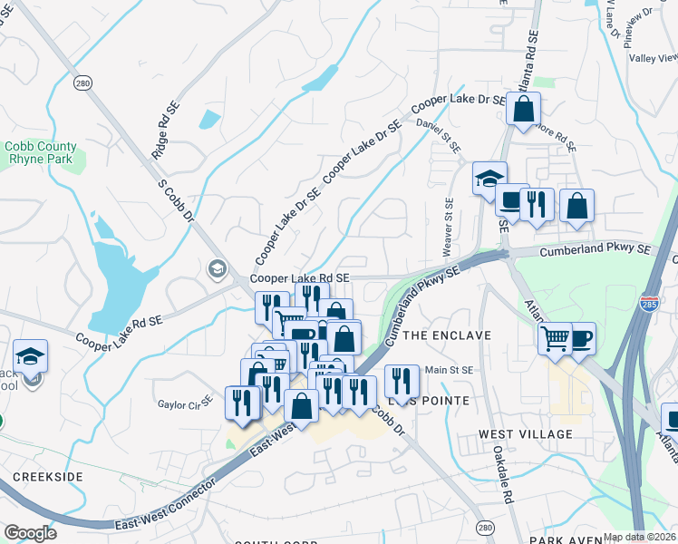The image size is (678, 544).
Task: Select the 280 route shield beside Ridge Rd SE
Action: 83,83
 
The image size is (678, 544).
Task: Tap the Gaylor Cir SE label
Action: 185,403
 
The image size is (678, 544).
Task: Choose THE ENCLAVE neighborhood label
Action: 447,335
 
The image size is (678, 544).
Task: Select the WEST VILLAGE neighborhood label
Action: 526,434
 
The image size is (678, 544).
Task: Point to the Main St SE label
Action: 450,369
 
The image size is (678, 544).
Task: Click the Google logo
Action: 30,533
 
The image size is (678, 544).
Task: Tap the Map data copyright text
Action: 640,536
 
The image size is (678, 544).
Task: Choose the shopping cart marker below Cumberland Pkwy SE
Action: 554,338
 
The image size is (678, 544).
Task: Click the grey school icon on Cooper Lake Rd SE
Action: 218,267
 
